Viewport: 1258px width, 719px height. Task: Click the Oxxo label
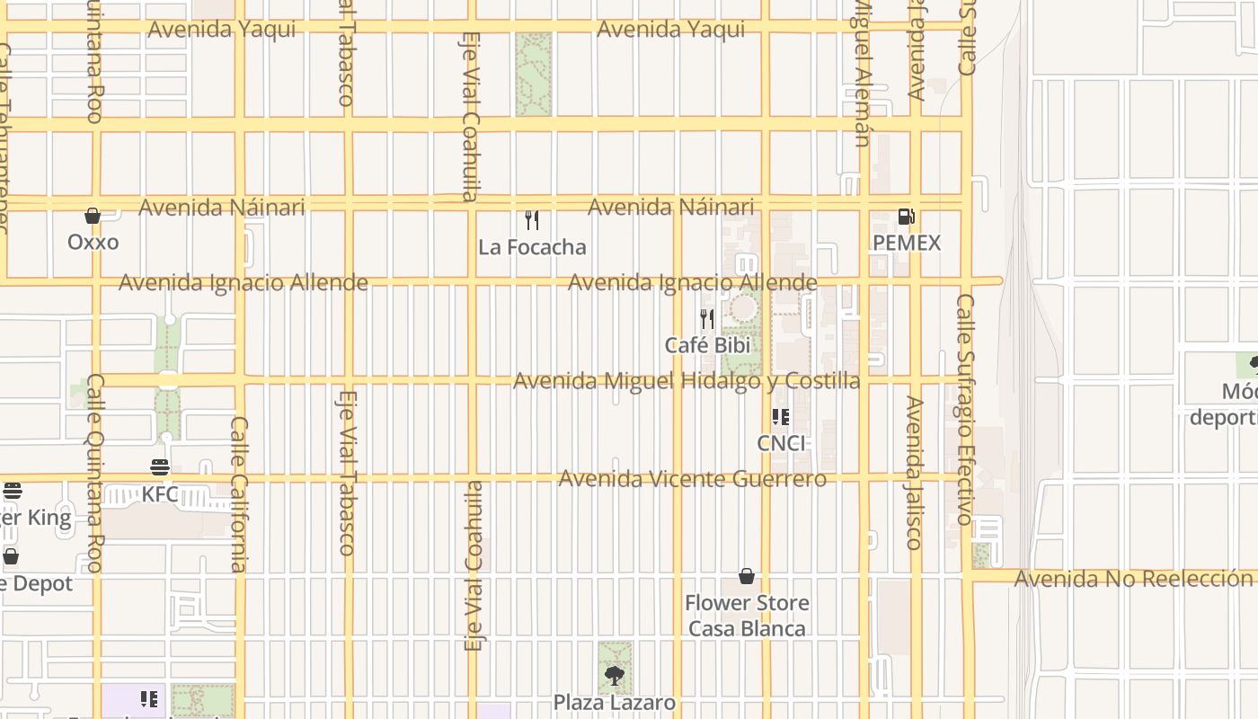[x=93, y=242]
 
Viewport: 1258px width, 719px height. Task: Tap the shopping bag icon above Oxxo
[x=92, y=216]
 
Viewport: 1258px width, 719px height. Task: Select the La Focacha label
[x=532, y=247]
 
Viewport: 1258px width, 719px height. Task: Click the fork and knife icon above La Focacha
[x=532, y=220]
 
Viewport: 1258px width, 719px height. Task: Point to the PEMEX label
[x=907, y=243]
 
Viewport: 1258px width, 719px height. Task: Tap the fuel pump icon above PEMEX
[x=906, y=217]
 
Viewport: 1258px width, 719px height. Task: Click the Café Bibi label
[x=707, y=345]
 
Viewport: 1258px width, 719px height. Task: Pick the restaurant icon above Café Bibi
[x=707, y=318]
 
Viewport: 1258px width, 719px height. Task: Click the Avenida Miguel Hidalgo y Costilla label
[x=687, y=381]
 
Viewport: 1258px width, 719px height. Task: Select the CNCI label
[x=781, y=443]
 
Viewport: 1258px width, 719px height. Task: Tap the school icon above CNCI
[x=781, y=417]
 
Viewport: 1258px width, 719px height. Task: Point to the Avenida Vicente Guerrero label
[x=692, y=478]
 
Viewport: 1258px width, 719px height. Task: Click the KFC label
[x=160, y=494]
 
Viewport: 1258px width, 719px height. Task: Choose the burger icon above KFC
[x=160, y=467]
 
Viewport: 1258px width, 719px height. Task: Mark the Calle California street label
[x=238, y=493]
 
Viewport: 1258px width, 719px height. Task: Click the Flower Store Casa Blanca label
[x=747, y=616]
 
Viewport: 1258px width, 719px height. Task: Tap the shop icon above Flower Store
[x=746, y=576]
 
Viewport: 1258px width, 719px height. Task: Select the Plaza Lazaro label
[x=615, y=702]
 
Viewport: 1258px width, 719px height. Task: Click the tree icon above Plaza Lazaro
[x=615, y=675]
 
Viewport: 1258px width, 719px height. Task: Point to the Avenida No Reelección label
[x=1133, y=579]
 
